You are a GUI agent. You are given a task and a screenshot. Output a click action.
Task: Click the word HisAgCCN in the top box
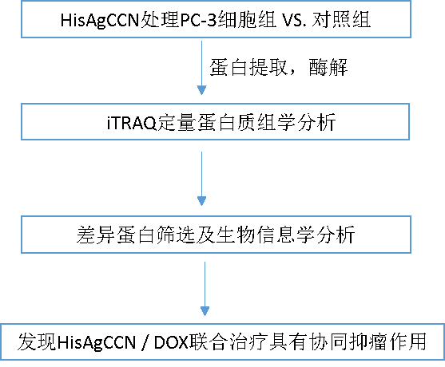[99, 21]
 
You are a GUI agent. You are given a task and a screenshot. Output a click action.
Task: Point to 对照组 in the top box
[341, 20]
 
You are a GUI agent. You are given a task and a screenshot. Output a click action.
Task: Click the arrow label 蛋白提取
[248, 68]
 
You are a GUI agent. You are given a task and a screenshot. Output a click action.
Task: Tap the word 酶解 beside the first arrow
[328, 68]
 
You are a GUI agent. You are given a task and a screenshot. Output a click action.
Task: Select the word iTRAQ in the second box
[132, 123]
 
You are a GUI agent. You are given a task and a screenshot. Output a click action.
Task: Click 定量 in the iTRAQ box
[176, 122]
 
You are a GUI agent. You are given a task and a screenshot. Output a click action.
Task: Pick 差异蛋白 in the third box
[116, 235]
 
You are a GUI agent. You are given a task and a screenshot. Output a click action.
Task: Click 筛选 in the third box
[175, 235]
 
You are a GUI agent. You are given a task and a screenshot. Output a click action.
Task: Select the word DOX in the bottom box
[171, 342]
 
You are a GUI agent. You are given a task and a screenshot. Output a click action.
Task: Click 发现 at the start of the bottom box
[37, 341]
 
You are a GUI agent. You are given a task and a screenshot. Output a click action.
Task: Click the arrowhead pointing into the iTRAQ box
[201, 90]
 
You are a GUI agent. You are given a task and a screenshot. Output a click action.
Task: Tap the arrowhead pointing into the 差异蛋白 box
[201, 201]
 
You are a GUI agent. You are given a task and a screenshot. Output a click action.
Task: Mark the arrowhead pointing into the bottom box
[205, 311]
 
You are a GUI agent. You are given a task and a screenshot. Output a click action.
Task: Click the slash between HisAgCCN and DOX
[145, 342]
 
